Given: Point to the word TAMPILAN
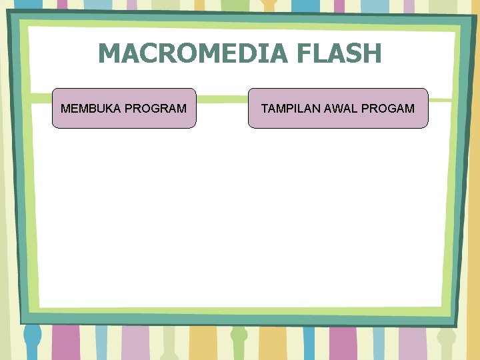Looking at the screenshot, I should (x=291, y=108).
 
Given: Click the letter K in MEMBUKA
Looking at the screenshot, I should (x=106, y=108).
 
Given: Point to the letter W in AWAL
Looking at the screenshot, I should (x=339, y=108).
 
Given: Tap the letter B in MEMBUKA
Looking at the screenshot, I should (x=89, y=108).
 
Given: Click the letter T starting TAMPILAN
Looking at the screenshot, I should (x=264, y=108).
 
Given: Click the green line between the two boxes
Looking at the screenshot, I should (x=222, y=99).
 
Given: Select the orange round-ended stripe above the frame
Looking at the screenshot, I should (x=269, y=5).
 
